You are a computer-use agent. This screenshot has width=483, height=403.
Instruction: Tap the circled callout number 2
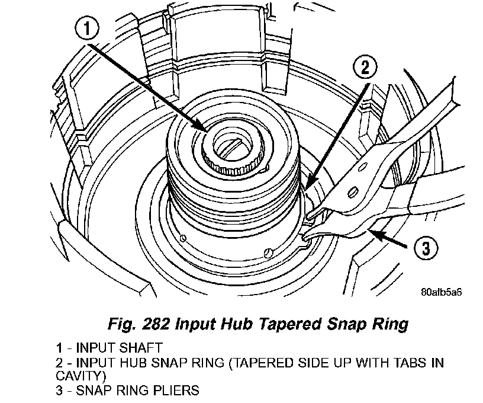[365, 68]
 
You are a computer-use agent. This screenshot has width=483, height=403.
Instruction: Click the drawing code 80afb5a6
[441, 292]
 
